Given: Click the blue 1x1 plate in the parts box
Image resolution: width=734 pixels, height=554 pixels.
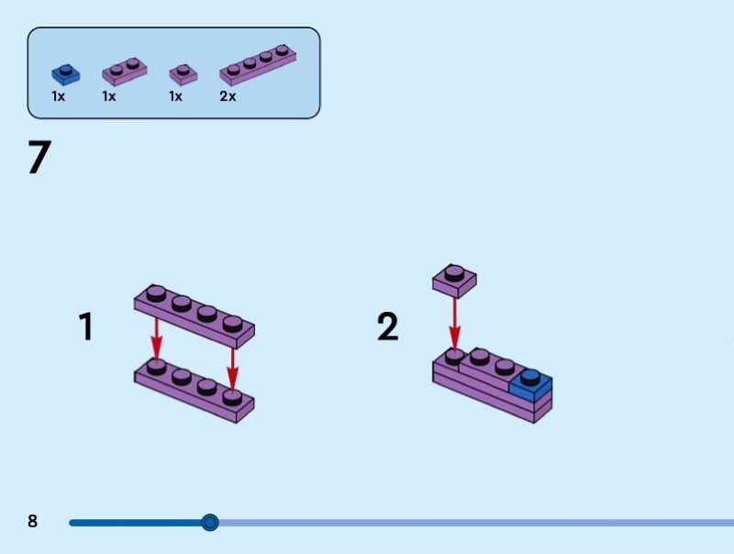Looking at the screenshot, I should click(x=65, y=73).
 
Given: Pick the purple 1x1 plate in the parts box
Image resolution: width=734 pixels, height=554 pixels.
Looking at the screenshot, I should click(x=183, y=73).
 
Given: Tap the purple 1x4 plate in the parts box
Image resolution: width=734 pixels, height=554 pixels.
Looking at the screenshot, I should click(x=258, y=64).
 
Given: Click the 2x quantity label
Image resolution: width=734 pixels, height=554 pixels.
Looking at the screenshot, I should click(x=228, y=96).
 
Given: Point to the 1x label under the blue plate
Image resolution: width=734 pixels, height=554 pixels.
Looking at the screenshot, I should click(x=59, y=96).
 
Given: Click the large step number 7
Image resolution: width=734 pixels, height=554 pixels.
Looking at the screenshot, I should click(x=39, y=159).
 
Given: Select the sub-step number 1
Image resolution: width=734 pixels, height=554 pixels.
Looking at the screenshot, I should click(x=86, y=327).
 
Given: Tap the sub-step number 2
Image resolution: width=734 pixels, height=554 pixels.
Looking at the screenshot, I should click(x=388, y=327).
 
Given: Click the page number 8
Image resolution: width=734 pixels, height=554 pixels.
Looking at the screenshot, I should click(x=33, y=522).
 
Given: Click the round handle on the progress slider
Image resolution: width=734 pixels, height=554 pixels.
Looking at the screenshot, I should click(x=210, y=523).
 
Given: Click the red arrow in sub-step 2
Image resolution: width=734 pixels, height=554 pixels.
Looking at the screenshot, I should click(x=454, y=323).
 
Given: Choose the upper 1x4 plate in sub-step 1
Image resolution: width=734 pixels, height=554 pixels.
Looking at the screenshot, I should click(x=194, y=315).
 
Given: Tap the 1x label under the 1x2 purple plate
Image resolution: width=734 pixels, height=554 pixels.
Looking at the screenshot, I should click(x=109, y=96).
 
